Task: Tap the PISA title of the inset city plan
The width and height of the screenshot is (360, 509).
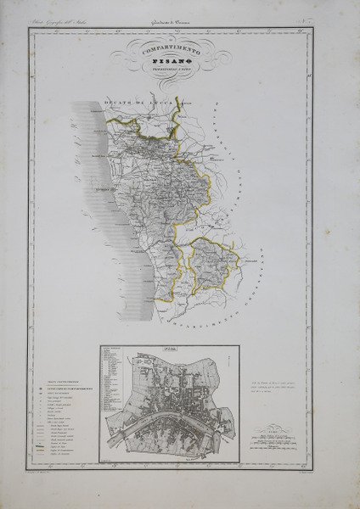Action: point(169,349)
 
